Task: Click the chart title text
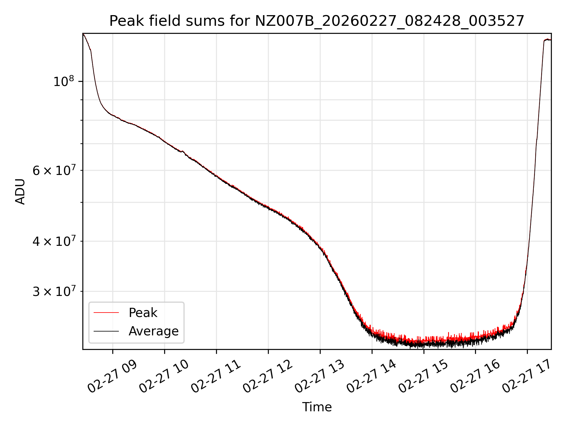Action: tap(317, 21)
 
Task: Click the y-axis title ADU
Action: tap(20, 192)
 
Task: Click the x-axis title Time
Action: tap(317, 407)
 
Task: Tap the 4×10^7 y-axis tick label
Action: tap(54, 241)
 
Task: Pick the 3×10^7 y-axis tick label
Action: tap(54, 291)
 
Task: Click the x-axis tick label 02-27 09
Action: tap(112, 377)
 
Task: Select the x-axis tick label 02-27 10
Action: tap(164, 377)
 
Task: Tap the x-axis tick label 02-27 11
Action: tap(216, 377)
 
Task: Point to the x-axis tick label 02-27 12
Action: tap(268, 377)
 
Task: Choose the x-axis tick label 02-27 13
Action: tap(319, 377)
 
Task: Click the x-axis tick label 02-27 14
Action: tap(371, 377)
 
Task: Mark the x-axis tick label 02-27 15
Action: tap(423, 377)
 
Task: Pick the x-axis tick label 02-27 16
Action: tap(475, 377)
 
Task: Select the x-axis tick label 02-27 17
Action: tap(527, 377)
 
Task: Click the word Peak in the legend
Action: tap(143, 313)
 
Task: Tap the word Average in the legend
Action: tap(154, 331)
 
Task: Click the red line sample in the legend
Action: tap(106, 313)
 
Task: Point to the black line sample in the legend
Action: tap(106, 331)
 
